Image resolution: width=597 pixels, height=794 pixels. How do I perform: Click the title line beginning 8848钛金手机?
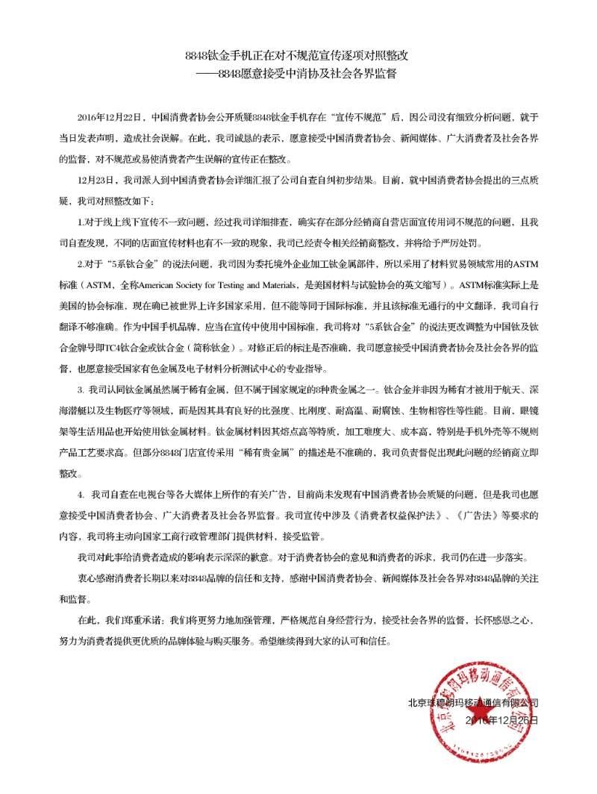pyautogui.click(x=298, y=56)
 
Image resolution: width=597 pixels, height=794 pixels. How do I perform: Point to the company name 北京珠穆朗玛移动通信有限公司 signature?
pyautogui.click(x=472, y=703)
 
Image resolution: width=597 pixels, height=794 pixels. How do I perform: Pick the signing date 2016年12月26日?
pyautogui.click(x=500, y=721)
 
